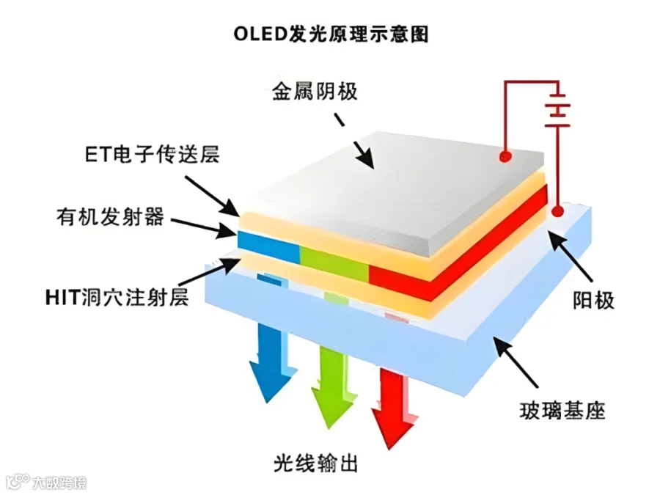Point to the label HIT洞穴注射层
(x=116, y=298)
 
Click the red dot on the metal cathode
(x=505, y=156)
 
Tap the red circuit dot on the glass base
(x=557, y=213)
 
